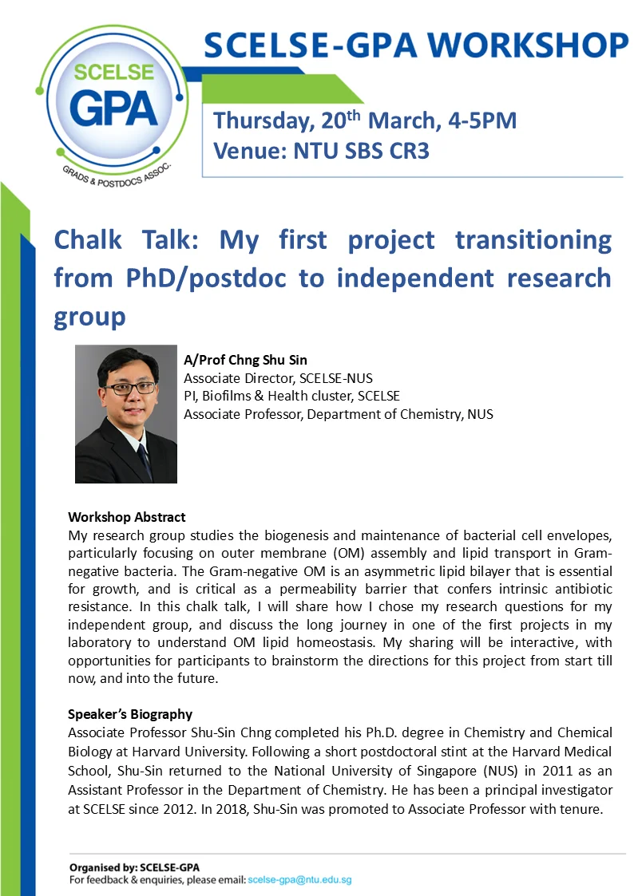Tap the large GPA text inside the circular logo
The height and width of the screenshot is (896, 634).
[x=113, y=109]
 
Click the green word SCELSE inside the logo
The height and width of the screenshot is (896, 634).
[x=113, y=72]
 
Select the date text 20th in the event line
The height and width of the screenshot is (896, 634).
[x=341, y=120]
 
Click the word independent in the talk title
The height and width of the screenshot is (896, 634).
[x=415, y=278]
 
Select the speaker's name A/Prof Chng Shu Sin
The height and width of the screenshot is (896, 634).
[x=245, y=360]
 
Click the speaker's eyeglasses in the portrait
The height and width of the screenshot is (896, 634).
[x=129, y=389]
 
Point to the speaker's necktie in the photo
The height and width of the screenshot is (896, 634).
[x=144, y=460]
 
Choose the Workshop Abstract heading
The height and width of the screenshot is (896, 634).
[x=127, y=517]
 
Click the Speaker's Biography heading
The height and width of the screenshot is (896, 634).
[x=130, y=714]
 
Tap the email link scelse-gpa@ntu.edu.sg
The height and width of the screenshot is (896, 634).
[x=299, y=880]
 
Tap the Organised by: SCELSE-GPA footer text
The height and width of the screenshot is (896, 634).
[x=134, y=867]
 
